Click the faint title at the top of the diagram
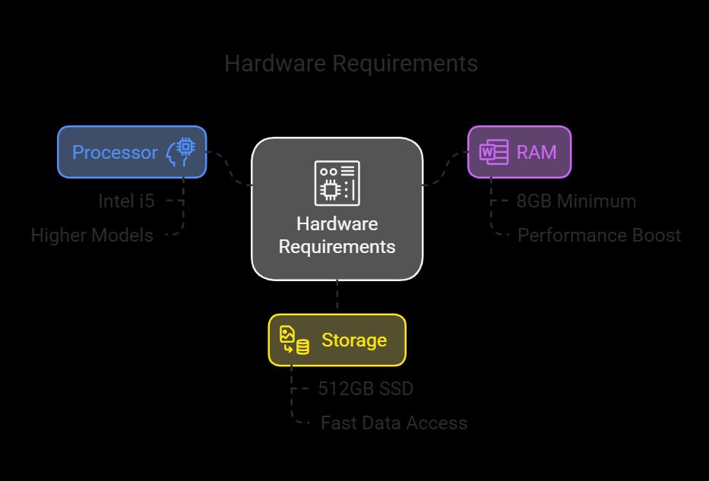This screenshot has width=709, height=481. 351,63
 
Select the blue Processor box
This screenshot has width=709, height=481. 131,152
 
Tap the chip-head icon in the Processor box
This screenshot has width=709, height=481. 182,151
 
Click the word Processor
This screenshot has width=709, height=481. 115,152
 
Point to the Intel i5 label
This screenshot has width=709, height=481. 126,201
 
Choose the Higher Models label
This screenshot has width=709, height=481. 92,235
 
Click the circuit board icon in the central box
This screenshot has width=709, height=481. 337,182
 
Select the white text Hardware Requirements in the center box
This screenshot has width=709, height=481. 337,236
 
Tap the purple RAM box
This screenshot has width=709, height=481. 519,152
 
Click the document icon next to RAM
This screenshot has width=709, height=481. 493,152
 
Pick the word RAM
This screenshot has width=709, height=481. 536,152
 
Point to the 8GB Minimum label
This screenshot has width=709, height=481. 576,201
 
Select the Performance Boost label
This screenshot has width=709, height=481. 599,235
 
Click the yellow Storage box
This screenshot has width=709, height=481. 337,340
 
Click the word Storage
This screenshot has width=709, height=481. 354,340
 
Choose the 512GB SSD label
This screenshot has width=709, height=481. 366,388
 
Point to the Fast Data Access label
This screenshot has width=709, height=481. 394,422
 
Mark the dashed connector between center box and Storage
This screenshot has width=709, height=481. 337,296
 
